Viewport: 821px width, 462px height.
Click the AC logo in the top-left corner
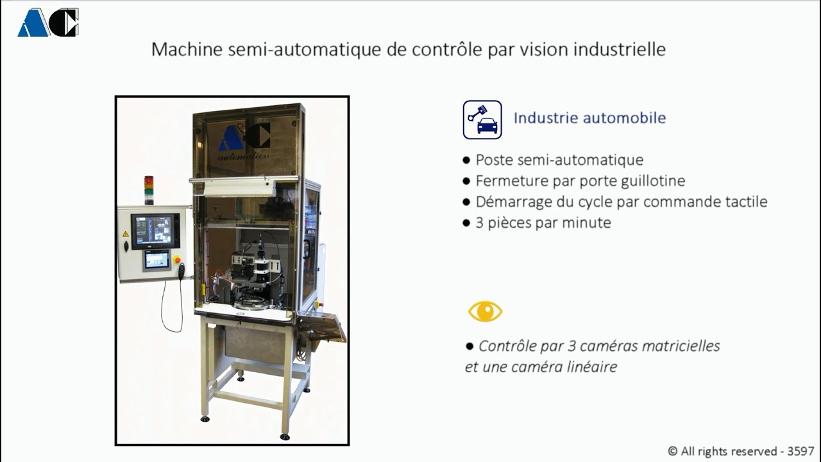[x=48, y=22]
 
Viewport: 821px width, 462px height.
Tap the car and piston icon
[x=482, y=119]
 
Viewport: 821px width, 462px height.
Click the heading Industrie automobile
[x=589, y=118]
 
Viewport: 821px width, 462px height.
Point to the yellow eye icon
[x=485, y=312]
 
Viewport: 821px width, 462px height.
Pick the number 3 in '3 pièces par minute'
[x=480, y=223]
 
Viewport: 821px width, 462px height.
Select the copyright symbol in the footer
[x=673, y=451]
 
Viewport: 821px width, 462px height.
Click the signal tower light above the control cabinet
[x=149, y=190]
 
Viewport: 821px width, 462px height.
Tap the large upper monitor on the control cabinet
[x=155, y=231]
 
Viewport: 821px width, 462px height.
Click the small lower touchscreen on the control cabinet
[x=157, y=259]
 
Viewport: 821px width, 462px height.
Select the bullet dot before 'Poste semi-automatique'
[x=466, y=160]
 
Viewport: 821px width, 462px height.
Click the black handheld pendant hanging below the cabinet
[x=182, y=271]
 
